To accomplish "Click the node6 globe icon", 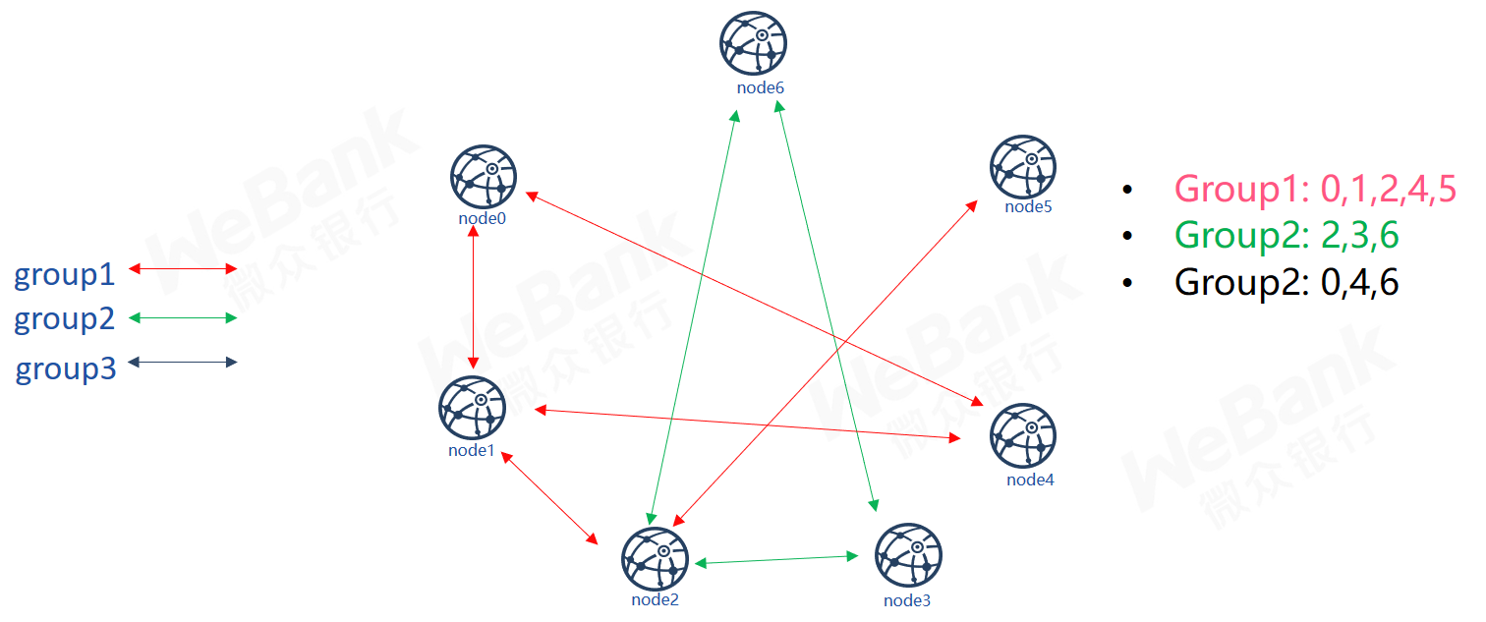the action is tap(753, 43).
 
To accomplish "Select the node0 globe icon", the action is tap(483, 177).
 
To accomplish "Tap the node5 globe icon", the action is tap(1023, 167).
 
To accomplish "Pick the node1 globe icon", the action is tap(472, 408).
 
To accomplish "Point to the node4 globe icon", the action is tap(1023, 435).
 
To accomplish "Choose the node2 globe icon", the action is tap(655, 559).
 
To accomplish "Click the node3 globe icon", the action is tap(908, 555).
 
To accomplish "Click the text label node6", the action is tap(761, 87).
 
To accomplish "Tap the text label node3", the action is tap(907, 600).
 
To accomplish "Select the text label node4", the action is tap(1030, 480).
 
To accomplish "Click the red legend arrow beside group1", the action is tap(183, 268).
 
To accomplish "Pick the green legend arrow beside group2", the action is tap(183, 318).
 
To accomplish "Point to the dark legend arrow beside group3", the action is tap(183, 362).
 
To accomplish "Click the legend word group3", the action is tap(66, 369).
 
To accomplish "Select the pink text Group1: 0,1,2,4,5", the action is tap(1316, 189).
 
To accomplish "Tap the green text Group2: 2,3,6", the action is tap(1287, 236).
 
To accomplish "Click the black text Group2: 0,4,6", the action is tap(1287, 282).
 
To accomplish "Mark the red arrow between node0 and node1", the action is tap(473, 297).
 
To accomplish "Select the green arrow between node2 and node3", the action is tap(776, 560).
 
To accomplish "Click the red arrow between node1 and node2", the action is tap(549, 498).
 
